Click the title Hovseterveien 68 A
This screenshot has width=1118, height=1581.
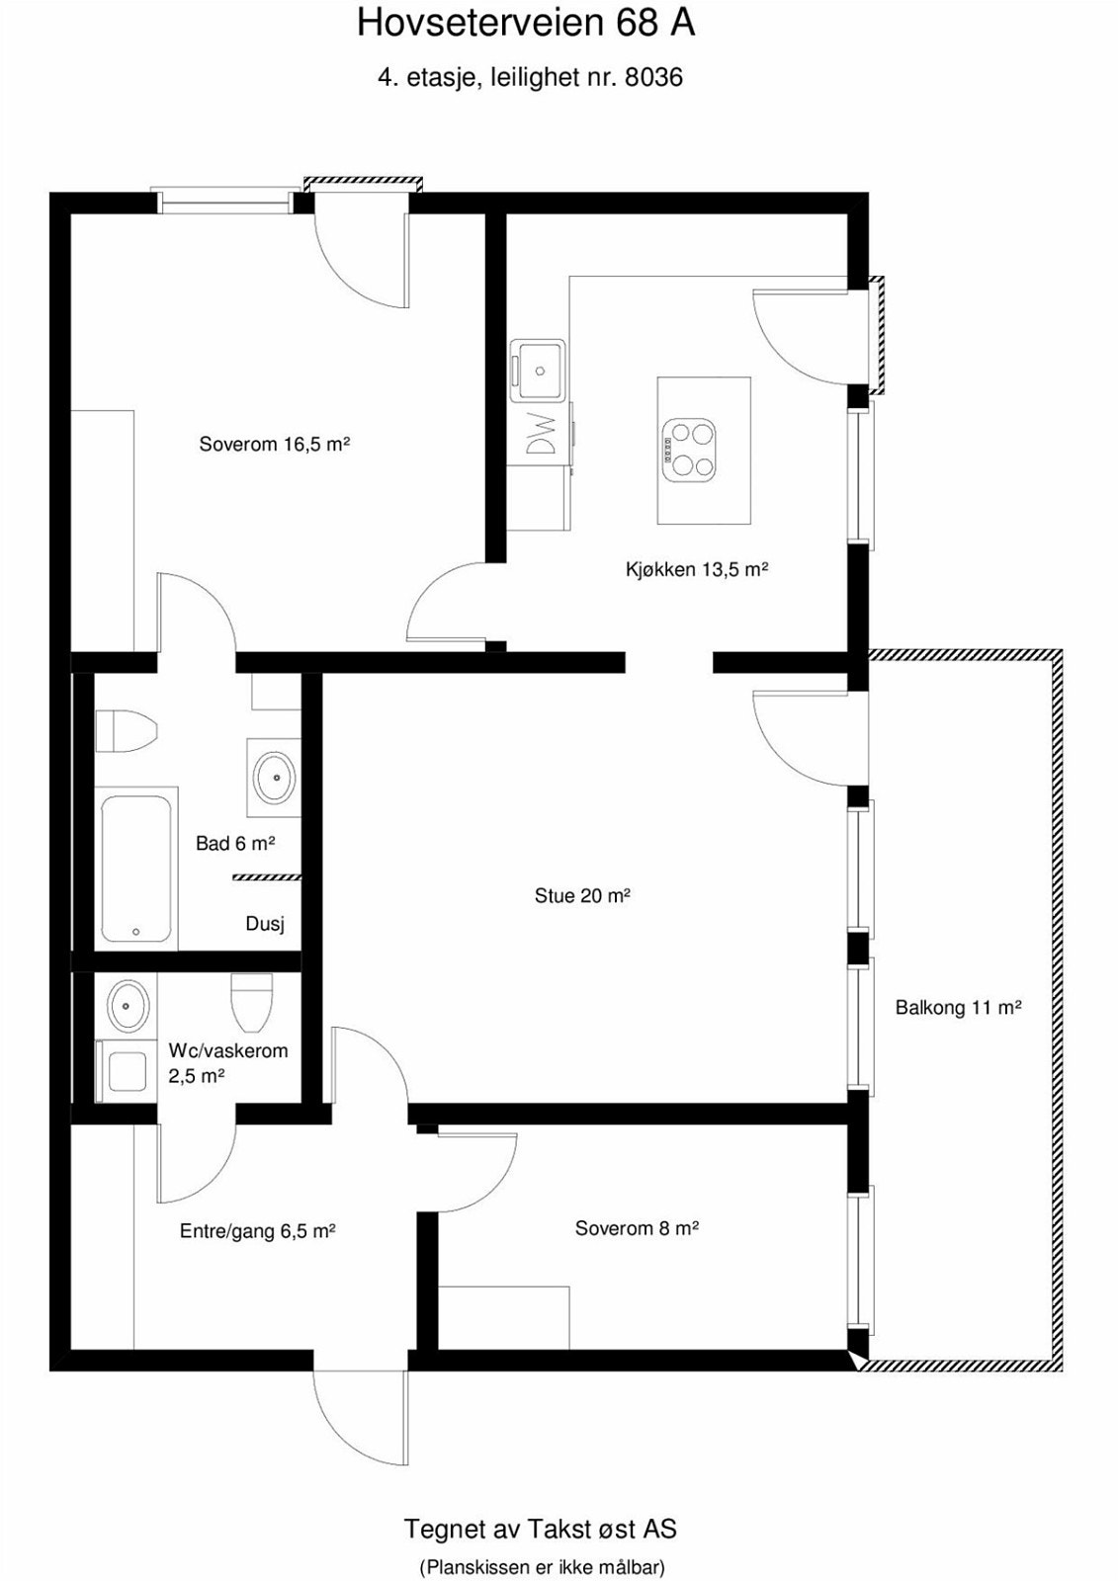coord(526,23)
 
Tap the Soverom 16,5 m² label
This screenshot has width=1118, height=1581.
coord(275,445)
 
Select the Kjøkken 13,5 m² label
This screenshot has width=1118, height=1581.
coord(697,569)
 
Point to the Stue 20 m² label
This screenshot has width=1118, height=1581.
coord(582,896)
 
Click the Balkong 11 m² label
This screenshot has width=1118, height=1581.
coord(958,1008)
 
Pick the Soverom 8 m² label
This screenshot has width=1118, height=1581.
coord(637,1228)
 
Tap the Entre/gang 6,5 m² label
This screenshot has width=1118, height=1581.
coord(257,1231)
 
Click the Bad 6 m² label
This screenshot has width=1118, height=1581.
coord(234,844)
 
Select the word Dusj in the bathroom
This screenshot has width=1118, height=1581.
coord(265,925)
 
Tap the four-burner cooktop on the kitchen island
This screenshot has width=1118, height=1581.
coord(689,451)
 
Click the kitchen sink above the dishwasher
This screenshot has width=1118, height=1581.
coord(539,371)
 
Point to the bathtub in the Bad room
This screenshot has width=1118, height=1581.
coord(137,867)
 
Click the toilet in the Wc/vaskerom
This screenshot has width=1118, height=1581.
coord(250,1000)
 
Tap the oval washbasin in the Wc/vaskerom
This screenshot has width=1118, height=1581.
coord(127,1006)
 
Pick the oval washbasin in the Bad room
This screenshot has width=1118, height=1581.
coord(275,778)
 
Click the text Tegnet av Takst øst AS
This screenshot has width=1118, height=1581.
coord(540,1529)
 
